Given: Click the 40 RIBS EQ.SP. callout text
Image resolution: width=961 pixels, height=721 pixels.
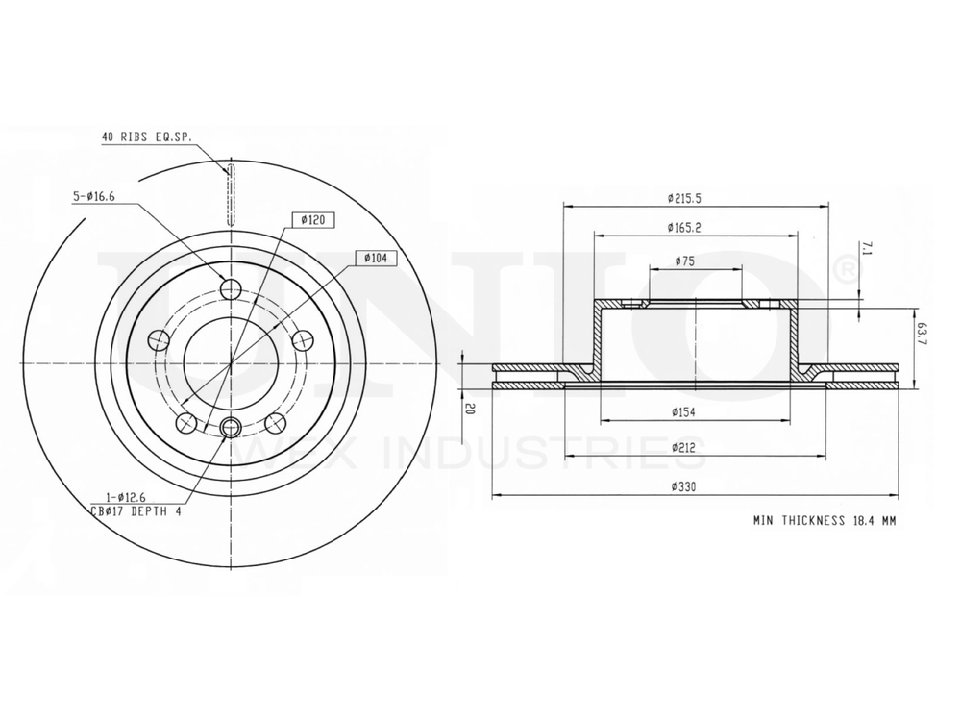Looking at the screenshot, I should (x=145, y=137).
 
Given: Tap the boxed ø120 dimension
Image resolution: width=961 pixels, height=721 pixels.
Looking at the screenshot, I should (x=311, y=220).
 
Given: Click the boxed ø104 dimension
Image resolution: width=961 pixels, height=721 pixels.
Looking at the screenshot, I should (x=377, y=258).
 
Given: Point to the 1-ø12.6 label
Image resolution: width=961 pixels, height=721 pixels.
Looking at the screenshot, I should (x=118, y=498).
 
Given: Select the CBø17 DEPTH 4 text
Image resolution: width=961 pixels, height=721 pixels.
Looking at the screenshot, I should (x=136, y=510).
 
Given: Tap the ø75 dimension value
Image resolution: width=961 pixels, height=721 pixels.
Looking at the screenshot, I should (x=685, y=261).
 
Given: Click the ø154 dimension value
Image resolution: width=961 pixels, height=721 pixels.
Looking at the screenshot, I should (x=685, y=412).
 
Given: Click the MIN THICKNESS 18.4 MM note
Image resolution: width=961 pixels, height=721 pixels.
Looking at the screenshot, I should (x=824, y=520).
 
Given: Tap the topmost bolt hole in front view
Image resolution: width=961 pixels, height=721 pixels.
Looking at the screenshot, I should (x=231, y=289).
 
